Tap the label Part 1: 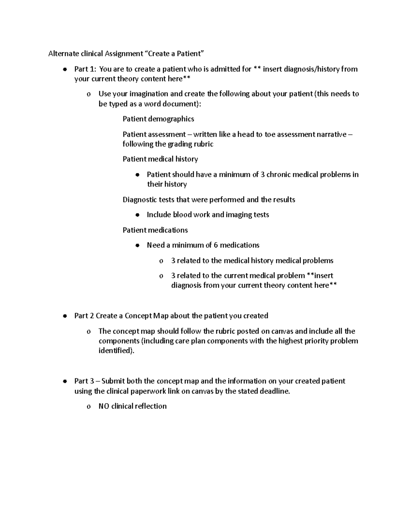tap(85, 69)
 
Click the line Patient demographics tap(158, 119)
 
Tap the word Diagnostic tap(140, 200)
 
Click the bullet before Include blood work tap(137, 215)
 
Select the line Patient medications tap(155, 230)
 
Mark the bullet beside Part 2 tap(64, 316)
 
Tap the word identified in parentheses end tap(115, 351)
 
